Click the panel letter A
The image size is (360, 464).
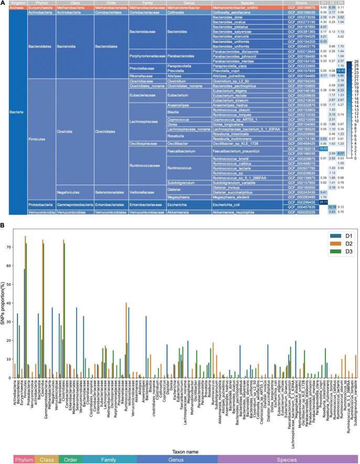tap(4, 3)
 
